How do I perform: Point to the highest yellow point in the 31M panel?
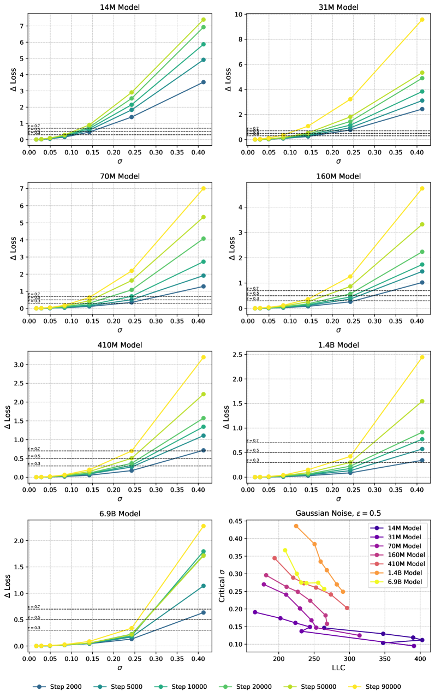tap(421, 20)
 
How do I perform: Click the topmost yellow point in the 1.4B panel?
tap(421, 357)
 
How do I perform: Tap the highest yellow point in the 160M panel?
tap(421, 188)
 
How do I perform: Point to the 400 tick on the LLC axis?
tap(420, 654)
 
